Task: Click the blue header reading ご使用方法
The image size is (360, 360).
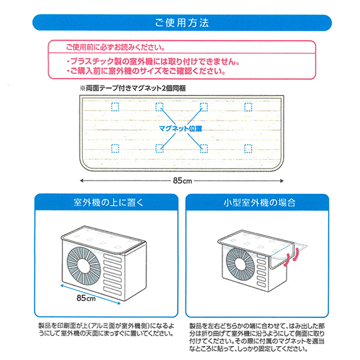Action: (182, 23)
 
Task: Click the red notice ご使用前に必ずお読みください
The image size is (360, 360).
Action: (115, 47)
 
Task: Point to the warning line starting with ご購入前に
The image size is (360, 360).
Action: (146, 71)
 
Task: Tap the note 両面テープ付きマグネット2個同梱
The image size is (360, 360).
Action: (133, 88)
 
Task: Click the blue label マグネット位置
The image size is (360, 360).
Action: (181, 128)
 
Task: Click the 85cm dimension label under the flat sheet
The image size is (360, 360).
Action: (182, 181)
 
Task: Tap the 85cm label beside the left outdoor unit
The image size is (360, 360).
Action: (86, 298)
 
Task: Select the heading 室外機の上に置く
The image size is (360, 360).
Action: (109, 203)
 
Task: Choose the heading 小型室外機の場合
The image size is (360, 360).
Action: (259, 203)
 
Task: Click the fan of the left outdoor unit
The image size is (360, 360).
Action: (84, 266)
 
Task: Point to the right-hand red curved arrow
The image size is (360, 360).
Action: (296, 254)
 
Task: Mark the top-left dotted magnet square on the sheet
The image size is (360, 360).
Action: (115, 107)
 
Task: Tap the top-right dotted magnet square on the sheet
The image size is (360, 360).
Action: (248, 107)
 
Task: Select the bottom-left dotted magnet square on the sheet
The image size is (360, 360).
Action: (115, 149)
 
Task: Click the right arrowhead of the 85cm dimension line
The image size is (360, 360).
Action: (282, 181)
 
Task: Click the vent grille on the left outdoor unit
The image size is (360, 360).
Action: (113, 274)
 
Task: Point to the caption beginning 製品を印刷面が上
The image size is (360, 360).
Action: (106, 329)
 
